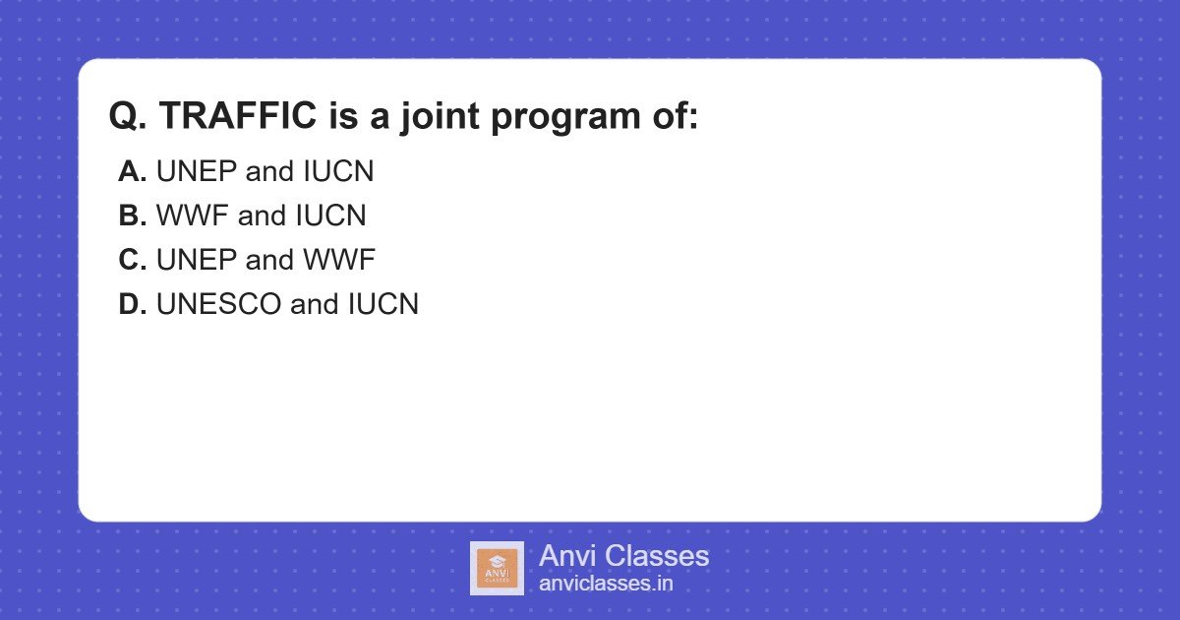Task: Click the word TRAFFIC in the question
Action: coord(238,115)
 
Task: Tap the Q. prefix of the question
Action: coord(128,116)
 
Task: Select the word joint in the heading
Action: coord(440,117)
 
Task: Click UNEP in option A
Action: coord(197,171)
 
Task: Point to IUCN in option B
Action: coord(330,216)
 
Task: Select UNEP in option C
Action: coord(197,260)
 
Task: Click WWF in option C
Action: coord(339,260)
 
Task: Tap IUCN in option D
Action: coord(383,304)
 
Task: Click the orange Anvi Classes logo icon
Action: coord(497,569)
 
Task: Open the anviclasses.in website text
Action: coord(606,584)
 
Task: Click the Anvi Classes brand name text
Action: coord(624,556)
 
